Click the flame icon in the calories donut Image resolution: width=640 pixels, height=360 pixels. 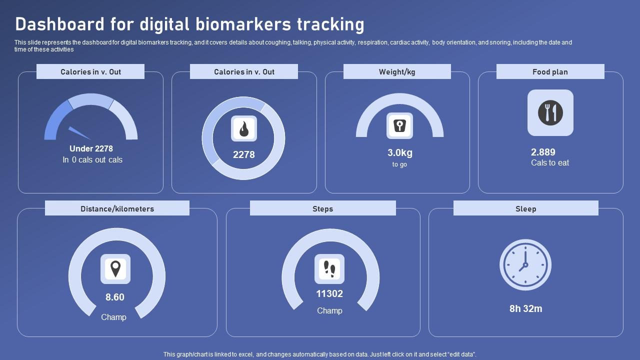pyautogui.click(x=243, y=128)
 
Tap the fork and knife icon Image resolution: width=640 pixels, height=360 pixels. pyautogui.click(x=550, y=112)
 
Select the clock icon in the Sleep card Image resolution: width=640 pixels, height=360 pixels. pyautogui.click(x=525, y=264)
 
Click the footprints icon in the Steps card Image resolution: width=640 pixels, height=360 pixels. pyautogui.click(x=329, y=269)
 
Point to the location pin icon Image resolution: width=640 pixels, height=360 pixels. pyautogui.click(x=115, y=269)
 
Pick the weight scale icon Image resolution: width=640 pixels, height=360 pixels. pyautogui.click(x=399, y=125)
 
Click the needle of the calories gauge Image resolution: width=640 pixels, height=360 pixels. pyautogui.click(x=79, y=132)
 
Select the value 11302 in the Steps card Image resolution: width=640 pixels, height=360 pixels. pyautogui.click(x=329, y=294)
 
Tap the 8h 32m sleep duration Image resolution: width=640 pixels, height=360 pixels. pyautogui.click(x=525, y=308)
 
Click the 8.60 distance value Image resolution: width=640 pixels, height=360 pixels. pyautogui.click(x=114, y=297)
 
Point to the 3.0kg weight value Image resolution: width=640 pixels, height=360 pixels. pyautogui.click(x=399, y=153)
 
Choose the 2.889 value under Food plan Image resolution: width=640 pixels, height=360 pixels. pyautogui.click(x=543, y=152)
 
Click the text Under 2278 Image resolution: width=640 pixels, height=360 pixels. pyautogui.click(x=91, y=148)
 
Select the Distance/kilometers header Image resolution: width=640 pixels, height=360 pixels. pyautogui.click(x=117, y=208)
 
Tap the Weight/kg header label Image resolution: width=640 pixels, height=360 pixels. pyautogui.click(x=397, y=71)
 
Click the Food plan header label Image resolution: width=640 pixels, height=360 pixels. pyautogui.click(x=550, y=71)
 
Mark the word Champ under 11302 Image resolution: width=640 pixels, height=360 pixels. pyautogui.click(x=329, y=310)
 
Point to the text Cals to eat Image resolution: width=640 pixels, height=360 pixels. pyautogui.click(x=550, y=162)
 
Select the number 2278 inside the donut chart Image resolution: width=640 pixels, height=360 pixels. pyautogui.click(x=243, y=154)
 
